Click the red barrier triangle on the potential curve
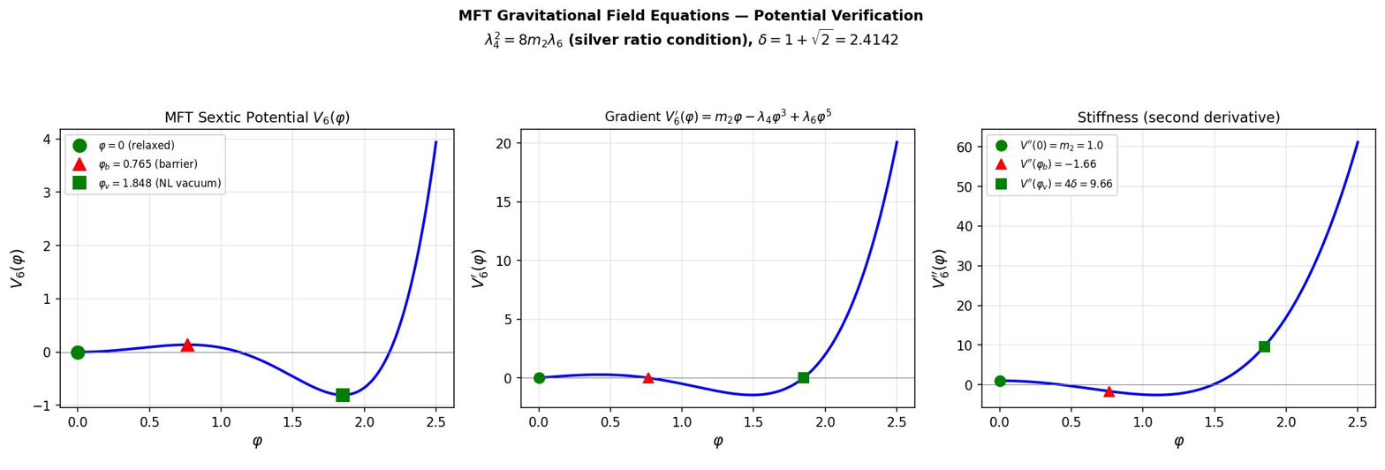pos(187,345)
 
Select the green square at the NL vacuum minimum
pos(343,395)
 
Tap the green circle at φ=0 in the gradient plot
pos(539,378)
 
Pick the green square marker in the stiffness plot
pos(1264,346)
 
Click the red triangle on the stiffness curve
pos(1109,391)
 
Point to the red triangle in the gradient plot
pos(648,378)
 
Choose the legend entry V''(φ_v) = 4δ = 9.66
pos(1065,184)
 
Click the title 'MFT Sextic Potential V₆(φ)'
pos(257,117)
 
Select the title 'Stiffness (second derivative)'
pos(1178,117)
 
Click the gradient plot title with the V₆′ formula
pos(717,117)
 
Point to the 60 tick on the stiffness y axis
pos(966,147)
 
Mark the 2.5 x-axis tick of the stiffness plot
pos(1358,421)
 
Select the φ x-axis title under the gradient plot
pos(717,442)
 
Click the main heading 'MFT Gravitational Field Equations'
pos(691,16)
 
